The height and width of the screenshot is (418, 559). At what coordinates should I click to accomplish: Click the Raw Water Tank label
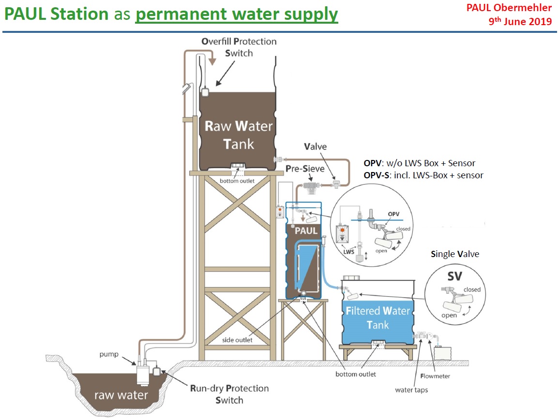click(239, 135)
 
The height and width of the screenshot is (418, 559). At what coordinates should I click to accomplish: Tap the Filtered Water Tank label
click(378, 317)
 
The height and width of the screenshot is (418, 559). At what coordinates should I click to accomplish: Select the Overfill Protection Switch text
click(239, 47)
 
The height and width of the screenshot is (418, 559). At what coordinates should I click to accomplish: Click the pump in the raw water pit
click(143, 374)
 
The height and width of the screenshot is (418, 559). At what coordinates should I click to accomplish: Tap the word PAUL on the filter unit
click(306, 231)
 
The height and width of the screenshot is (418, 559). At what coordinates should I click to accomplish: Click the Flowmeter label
click(436, 376)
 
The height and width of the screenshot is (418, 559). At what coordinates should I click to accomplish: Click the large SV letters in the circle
click(454, 276)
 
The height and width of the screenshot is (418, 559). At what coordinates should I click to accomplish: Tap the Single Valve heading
click(455, 254)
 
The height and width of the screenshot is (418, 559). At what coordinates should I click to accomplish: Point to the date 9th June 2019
click(521, 21)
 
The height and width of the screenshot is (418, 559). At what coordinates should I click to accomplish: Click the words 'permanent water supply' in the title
click(236, 14)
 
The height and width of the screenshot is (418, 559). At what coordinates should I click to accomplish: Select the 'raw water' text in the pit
click(121, 395)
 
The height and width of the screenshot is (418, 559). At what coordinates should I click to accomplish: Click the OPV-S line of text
click(423, 175)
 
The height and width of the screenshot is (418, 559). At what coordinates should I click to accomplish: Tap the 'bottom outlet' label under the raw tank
click(238, 181)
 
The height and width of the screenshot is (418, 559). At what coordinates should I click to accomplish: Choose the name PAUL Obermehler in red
click(509, 8)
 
